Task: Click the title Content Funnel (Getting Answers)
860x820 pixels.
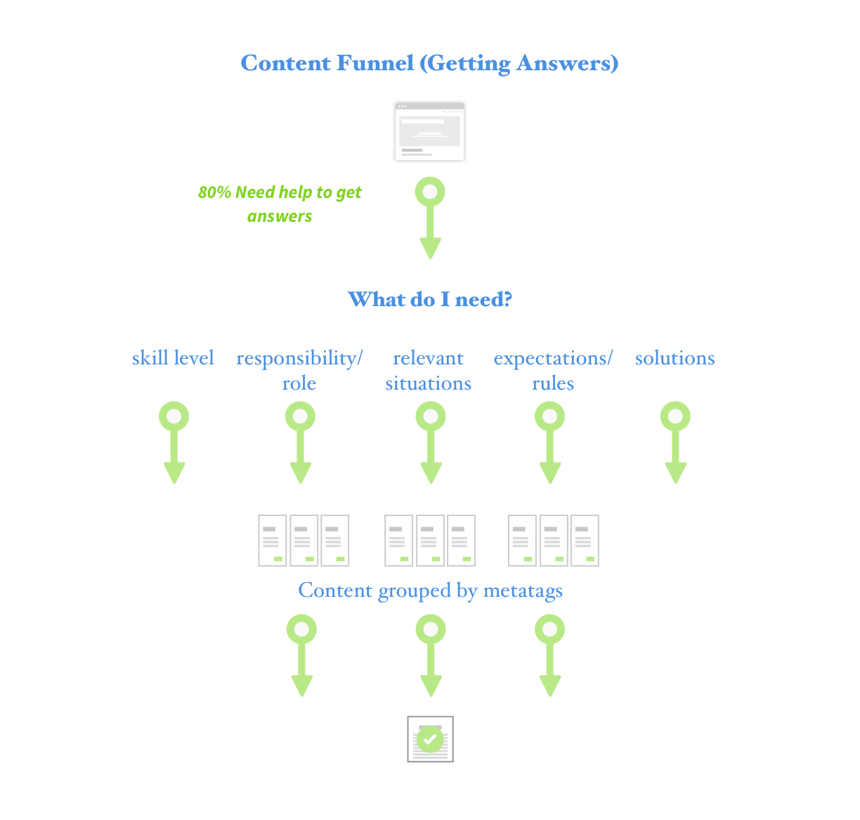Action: (429, 63)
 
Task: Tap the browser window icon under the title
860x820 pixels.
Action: (429, 131)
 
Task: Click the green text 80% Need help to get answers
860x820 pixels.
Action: (280, 204)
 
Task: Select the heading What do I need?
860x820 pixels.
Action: (429, 300)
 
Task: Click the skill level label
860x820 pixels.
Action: (173, 358)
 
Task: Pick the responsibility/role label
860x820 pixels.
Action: (299, 371)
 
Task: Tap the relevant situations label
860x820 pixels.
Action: (428, 371)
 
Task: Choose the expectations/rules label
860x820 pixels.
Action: (553, 371)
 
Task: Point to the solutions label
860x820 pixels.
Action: (675, 358)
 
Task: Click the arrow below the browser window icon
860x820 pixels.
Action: (430, 218)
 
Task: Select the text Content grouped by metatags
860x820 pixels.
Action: (430, 591)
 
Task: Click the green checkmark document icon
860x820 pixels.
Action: (430, 739)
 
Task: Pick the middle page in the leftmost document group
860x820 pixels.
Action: (304, 541)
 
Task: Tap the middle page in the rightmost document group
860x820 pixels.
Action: (554, 541)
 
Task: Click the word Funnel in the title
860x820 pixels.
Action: (375, 63)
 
